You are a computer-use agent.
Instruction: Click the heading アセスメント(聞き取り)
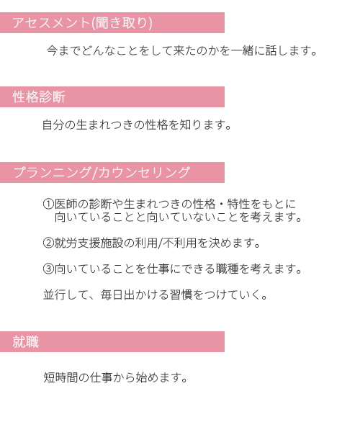tap(82, 22)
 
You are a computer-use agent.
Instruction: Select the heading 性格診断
tap(39, 97)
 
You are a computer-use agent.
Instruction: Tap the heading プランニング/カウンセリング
tap(102, 173)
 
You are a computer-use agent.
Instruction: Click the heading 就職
tap(26, 342)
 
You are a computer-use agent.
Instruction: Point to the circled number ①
tap(48, 204)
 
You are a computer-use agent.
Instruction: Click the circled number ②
tap(48, 243)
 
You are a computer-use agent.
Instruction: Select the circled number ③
tap(48, 269)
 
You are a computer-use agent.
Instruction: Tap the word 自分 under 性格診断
tap(53, 125)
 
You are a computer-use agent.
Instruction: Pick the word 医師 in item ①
tap(66, 204)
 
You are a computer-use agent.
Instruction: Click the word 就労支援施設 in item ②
tap(89, 243)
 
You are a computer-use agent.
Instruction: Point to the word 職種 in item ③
tap(228, 269)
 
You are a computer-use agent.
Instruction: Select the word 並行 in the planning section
tap(54, 295)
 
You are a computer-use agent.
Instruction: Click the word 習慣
tap(181, 295)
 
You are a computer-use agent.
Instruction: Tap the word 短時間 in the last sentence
tap(60, 377)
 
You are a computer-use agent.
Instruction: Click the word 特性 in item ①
tap(238, 204)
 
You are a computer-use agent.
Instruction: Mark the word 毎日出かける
tap(135, 295)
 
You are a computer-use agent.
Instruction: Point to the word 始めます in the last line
tap(161, 377)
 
